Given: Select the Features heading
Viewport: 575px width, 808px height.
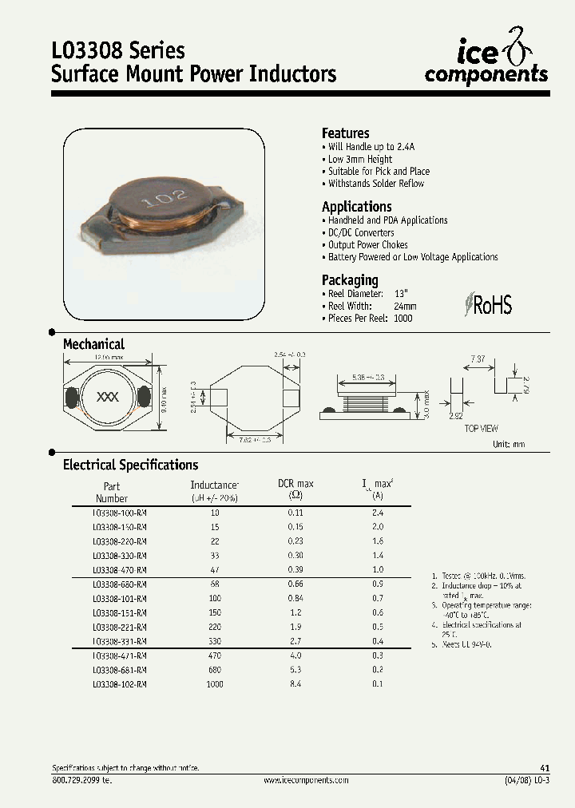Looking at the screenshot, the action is pos(345,133).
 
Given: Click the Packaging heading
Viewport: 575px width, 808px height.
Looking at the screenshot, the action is pos(349,280).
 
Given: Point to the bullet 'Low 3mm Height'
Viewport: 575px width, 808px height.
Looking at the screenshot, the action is pos(359,159).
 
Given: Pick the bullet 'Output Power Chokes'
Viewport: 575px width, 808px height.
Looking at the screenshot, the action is pos(367,244).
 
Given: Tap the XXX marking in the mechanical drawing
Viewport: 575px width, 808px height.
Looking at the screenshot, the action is pos(107,397).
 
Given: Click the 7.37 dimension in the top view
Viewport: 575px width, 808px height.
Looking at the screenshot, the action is pos(477,360).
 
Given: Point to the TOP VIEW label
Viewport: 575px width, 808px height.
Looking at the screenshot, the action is pos(482,429).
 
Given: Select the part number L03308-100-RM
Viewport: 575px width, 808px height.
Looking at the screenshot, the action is pos(119,513).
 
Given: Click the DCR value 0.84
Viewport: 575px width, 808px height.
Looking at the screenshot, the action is pos(295,598).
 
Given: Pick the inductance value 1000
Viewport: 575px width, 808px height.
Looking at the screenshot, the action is pos(214,684).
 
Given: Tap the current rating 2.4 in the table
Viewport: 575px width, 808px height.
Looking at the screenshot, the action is pos(377,513).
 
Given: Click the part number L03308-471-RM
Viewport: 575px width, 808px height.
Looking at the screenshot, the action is pos(119,656).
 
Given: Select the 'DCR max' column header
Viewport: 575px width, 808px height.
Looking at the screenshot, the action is pos(295,484).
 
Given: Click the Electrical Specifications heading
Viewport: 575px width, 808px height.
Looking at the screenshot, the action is pos(130,465).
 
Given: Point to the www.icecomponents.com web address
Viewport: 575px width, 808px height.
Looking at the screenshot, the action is pos(306,779).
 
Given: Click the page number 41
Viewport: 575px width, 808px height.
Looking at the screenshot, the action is pos(545,767).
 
